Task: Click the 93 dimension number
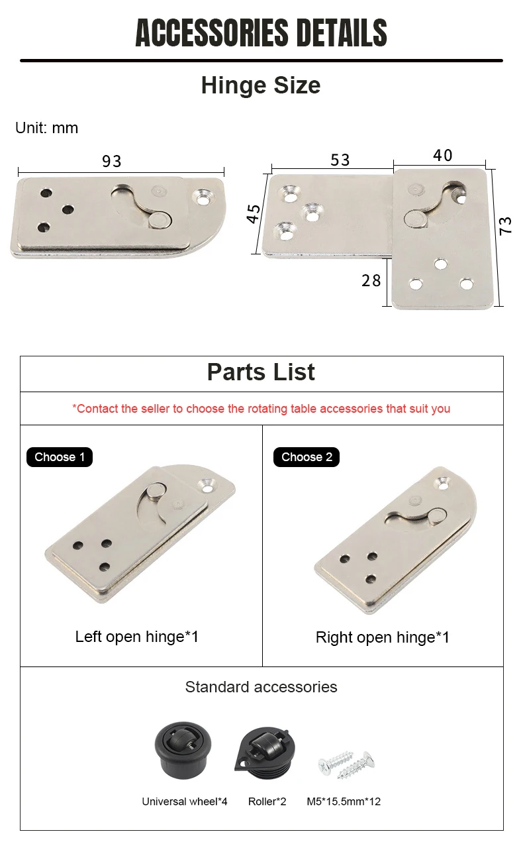click(112, 161)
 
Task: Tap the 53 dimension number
click(340, 160)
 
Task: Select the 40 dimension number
click(442, 155)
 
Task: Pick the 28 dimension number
click(371, 280)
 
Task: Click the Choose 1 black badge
click(60, 456)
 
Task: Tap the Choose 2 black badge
click(307, 456)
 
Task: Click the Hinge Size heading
click(261, 85)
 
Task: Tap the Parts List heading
click(261, 372)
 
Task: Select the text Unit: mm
click(46, 127)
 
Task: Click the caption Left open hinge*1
click(137, 637)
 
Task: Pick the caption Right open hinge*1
click(383, 637)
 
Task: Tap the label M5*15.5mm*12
click(344, 802)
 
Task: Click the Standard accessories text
click(261, 687)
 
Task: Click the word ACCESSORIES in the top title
click(211, 32)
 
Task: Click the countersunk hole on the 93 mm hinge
click(203, 197)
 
